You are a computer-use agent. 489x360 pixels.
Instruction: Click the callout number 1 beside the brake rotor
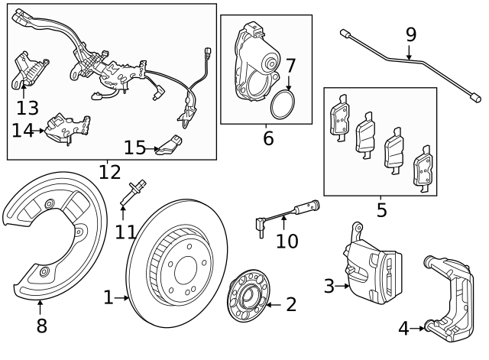[x=108, y=297]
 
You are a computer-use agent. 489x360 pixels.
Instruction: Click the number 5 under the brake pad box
[x=381, y=209]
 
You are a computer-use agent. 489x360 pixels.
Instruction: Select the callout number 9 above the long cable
[x=411, y=34]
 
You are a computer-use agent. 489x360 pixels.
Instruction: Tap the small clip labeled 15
[x=169, y=144]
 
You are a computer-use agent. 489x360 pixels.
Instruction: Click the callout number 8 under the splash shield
[x=41, y=326]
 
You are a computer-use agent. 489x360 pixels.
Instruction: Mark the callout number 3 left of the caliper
[x=329, y=287]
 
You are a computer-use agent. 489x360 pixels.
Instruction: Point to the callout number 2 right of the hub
[x=291, y=305]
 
